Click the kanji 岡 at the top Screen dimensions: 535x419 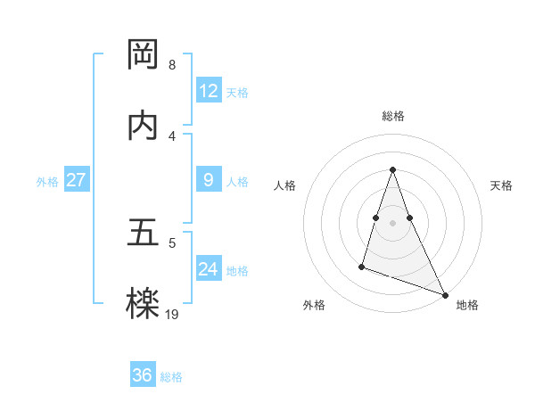tap(143, 55)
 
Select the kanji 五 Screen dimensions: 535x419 tap(143, 233)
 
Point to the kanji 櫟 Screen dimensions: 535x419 tap(143, 304)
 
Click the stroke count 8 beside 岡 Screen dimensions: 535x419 tap(171, 65)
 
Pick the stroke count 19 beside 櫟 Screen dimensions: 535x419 tap(172, 313)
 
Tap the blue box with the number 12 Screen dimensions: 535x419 tap(209, 91)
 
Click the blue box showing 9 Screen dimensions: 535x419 tap(209, 180)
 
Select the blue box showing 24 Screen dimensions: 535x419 tap(209, 269)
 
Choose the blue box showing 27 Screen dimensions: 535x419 tap(76, 180)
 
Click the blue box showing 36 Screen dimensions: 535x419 tap(143, 375)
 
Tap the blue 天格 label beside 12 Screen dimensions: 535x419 tap(237, 92)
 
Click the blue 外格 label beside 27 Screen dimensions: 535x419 tap(47, 181)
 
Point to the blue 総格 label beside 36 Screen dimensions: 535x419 tap(171, 376)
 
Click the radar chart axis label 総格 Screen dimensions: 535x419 tap(393, 116)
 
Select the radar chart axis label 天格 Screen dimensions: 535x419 tap(502, 185)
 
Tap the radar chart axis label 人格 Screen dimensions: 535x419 tap(284, 185)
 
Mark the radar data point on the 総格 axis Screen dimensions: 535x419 tap(393, 169)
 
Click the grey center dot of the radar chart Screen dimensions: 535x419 tap(393, 222)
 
